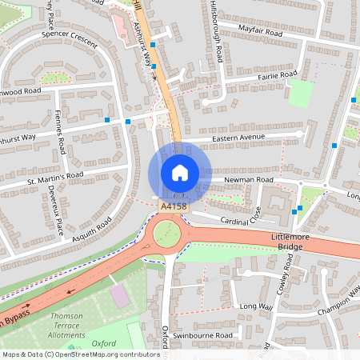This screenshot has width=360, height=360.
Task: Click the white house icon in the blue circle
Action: click(x=180, y=172)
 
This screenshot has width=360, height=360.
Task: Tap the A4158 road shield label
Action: click(x=174, y=206)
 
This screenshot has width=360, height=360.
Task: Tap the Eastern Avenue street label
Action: click(x=238, y=137)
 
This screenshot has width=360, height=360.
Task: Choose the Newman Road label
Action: click(x=249, y=180)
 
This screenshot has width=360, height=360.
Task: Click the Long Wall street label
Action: click(x=256, y=306)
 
